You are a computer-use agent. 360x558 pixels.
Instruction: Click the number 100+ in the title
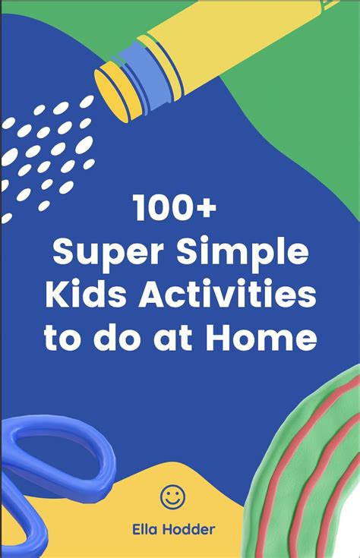175,208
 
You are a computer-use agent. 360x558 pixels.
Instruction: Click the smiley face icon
172,497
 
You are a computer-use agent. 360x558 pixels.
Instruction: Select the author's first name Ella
145,529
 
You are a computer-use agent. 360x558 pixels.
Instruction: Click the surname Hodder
188,529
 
